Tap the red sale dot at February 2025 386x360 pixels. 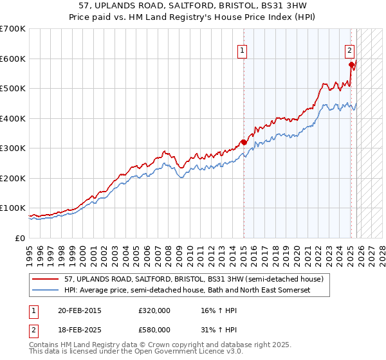pyautogui.click(x=351, y=64)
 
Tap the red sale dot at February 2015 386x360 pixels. pyautogui.click(x=244, y=142)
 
